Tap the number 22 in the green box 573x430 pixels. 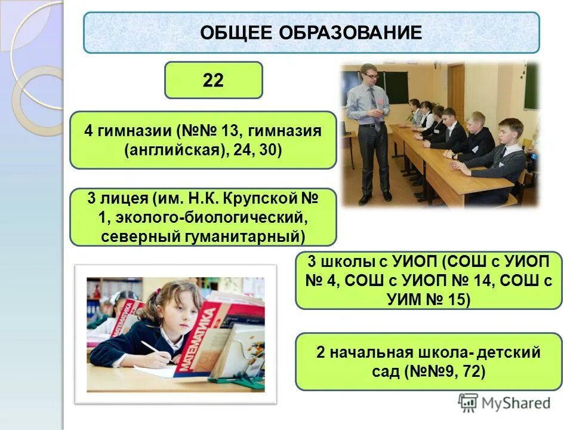(x=213, y=80)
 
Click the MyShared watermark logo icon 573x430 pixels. (x=468, y=402)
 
